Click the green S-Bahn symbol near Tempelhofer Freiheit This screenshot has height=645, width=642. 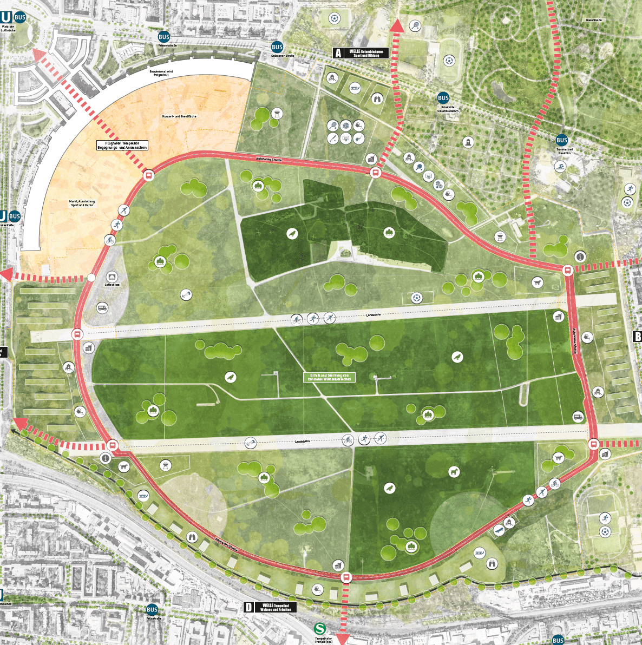320,629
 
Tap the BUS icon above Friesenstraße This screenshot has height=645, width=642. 164,37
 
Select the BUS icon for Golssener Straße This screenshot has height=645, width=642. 277,47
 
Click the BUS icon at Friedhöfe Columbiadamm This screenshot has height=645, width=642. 443,98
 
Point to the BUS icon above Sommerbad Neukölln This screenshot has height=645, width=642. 562,140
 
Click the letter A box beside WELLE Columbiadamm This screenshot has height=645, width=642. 338,52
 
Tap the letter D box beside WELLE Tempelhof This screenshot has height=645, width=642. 248,607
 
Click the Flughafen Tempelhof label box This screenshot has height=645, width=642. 122,145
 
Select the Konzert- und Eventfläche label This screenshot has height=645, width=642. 179,116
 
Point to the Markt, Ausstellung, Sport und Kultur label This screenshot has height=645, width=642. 82,203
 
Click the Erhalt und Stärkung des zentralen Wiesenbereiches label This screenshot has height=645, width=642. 329,377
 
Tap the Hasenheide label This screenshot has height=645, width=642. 593,20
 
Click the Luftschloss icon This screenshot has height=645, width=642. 112,277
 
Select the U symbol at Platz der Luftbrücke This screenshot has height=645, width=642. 6,17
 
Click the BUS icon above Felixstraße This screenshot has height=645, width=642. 152,609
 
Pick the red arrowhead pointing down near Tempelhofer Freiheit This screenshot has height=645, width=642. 342,639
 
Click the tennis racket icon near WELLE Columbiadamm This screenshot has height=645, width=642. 414,24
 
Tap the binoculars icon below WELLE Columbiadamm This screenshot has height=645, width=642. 377,98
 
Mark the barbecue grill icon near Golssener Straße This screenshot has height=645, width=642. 277,113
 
